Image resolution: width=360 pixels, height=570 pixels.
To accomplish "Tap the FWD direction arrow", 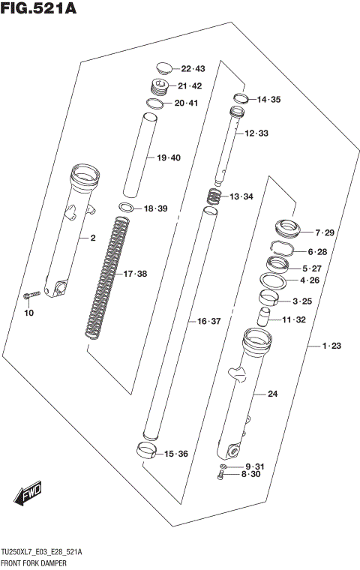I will pos(28,493).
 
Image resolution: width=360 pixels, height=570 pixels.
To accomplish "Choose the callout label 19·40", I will pos(169,157).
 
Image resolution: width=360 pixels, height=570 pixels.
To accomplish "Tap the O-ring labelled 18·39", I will pos(127,208).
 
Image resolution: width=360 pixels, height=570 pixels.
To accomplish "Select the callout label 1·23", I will pos(331,346).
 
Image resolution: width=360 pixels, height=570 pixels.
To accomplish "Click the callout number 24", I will pos(272,394).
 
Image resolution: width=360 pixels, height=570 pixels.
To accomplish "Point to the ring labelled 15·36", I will pos(148,450).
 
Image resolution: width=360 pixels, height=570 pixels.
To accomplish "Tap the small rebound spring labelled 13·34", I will pos(215,197).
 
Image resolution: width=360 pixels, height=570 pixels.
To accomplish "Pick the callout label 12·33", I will pos(256,133).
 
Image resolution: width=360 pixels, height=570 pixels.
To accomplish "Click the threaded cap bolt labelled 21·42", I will pos(160,87).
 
